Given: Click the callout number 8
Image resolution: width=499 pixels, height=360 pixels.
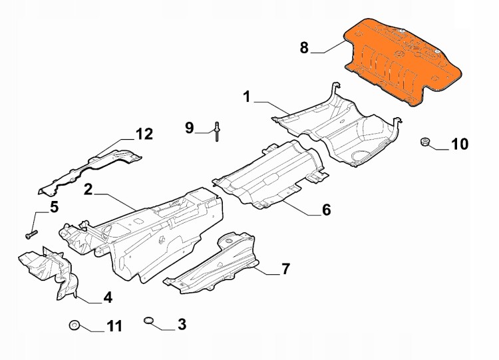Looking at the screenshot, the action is point(304,48).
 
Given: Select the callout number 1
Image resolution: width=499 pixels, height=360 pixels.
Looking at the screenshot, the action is point(247,96).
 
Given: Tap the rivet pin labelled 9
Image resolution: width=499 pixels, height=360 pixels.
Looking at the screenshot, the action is point(217,132).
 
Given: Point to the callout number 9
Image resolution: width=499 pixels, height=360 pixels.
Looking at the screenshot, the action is point(190,128).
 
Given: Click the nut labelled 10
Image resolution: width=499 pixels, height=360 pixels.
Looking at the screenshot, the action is point(424,142).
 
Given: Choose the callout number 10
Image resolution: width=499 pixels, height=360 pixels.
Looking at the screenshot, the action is point(460,144).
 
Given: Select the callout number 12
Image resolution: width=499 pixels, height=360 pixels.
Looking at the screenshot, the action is point(144,134).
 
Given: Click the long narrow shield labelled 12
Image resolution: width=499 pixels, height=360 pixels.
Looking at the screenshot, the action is point(89,172).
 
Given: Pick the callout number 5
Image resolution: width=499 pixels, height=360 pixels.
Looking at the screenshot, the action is point(54,207).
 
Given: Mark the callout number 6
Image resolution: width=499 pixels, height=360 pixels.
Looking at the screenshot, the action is point(327,210).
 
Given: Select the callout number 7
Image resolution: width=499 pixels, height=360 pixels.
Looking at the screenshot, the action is point(285,269).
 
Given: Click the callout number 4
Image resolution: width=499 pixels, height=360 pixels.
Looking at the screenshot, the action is point(108,297).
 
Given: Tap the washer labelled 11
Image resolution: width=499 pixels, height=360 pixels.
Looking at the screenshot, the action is point(74,325).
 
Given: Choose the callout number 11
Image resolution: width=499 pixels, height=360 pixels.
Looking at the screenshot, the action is point(114,326).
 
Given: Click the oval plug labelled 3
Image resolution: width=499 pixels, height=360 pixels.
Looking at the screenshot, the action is point(148,320).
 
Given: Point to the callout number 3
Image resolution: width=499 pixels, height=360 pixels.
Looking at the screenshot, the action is point(182,324).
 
